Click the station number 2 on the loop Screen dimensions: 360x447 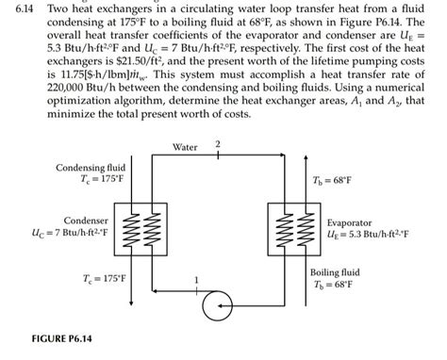(x=218, y=143)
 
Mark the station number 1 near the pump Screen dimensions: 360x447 (x=196, y=279)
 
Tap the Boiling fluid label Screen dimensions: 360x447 (x=335, y=271)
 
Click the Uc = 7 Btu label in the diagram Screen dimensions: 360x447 (x=65, y=232)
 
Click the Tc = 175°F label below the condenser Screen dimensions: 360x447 (x=103, y=279)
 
